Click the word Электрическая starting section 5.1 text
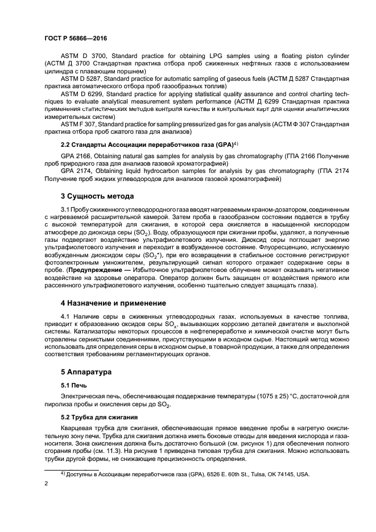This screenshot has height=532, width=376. point(83,395)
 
